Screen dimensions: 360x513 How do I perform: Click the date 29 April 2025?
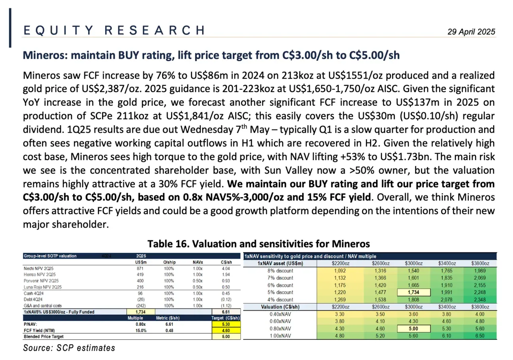tap(472, 32)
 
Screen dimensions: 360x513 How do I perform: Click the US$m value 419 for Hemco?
tap(139, 275)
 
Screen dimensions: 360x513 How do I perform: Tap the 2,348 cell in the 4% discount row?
tap(482, 300)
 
